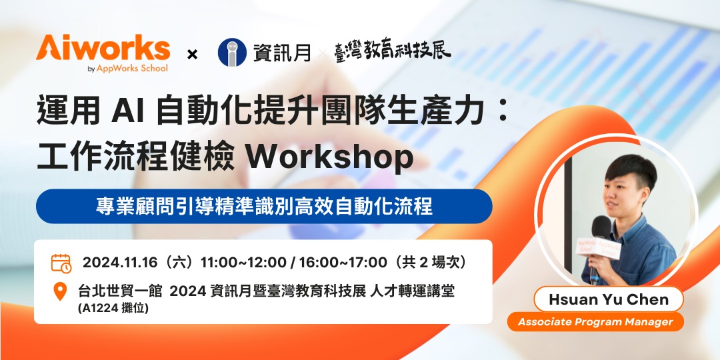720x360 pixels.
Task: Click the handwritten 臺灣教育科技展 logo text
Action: click(392, 51)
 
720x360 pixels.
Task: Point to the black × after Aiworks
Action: click(192, 54)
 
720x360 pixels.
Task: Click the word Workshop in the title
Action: click(329, 157)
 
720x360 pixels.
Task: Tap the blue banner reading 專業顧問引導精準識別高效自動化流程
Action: click(264, 206)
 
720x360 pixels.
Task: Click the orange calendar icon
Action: click(61, 263)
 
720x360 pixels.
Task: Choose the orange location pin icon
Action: click(61, 291)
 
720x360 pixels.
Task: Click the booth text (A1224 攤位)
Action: click(113, 308)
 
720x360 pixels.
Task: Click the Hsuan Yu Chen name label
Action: click(608, 299)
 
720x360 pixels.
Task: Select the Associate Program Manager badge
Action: click(595, 322)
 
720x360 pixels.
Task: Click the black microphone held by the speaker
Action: click(599, 230)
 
